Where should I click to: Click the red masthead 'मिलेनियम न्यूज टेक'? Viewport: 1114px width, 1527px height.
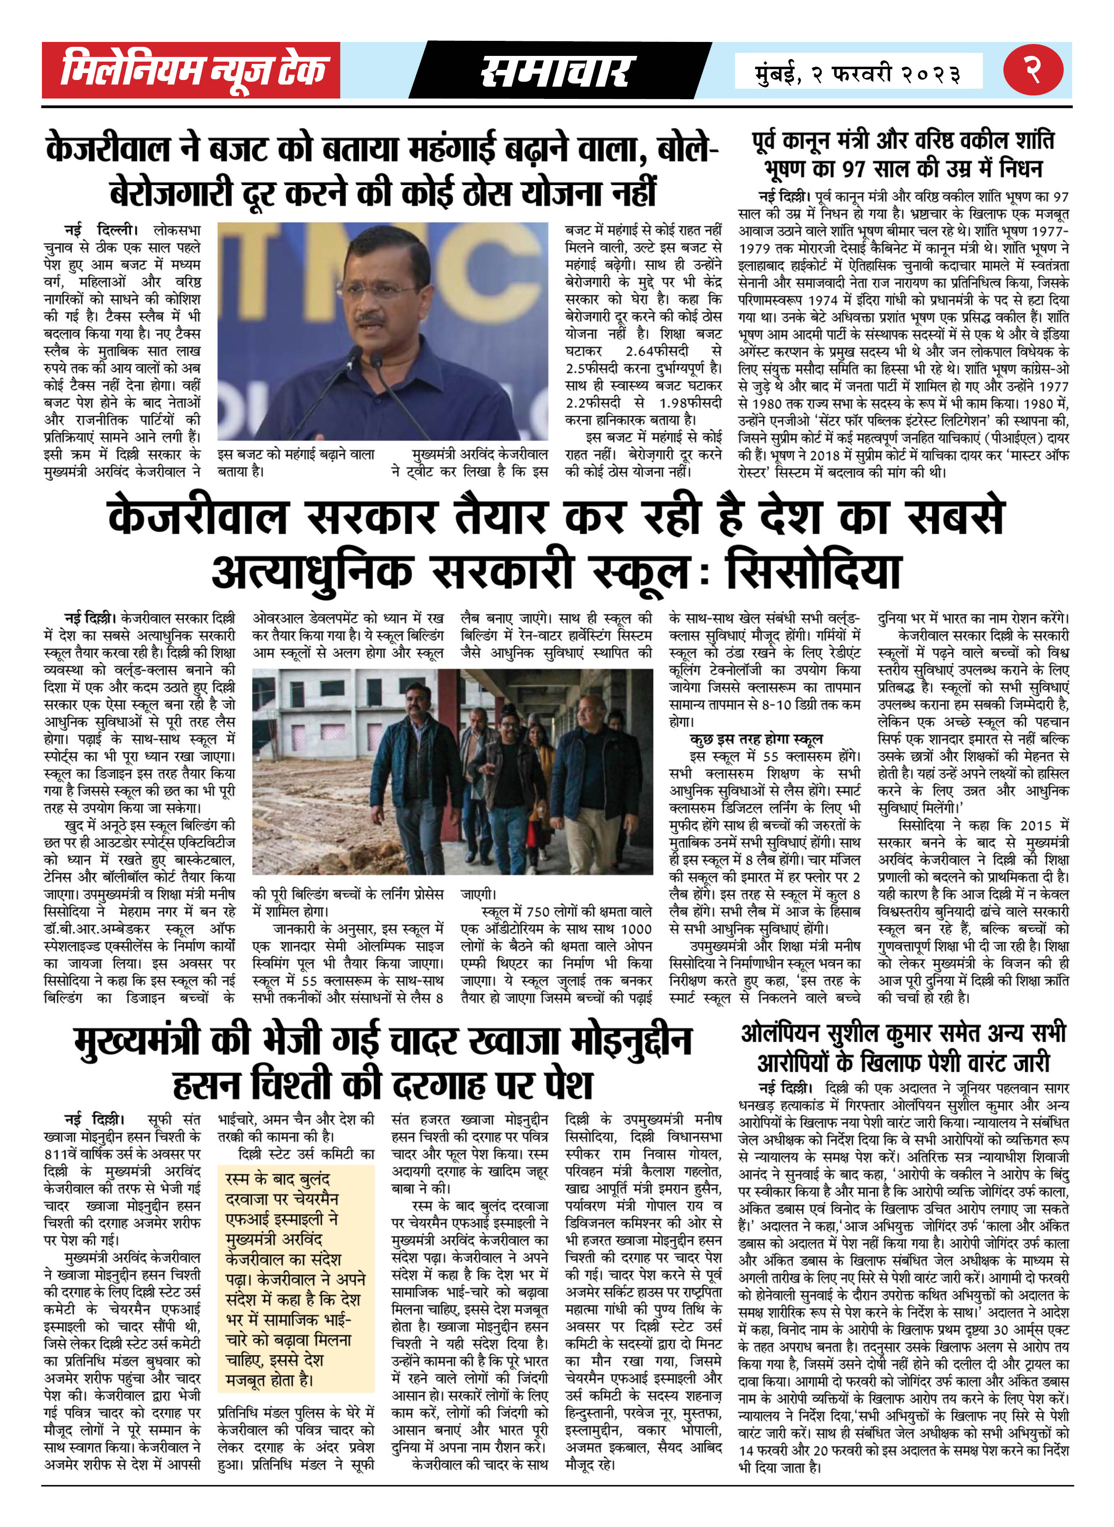192,70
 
